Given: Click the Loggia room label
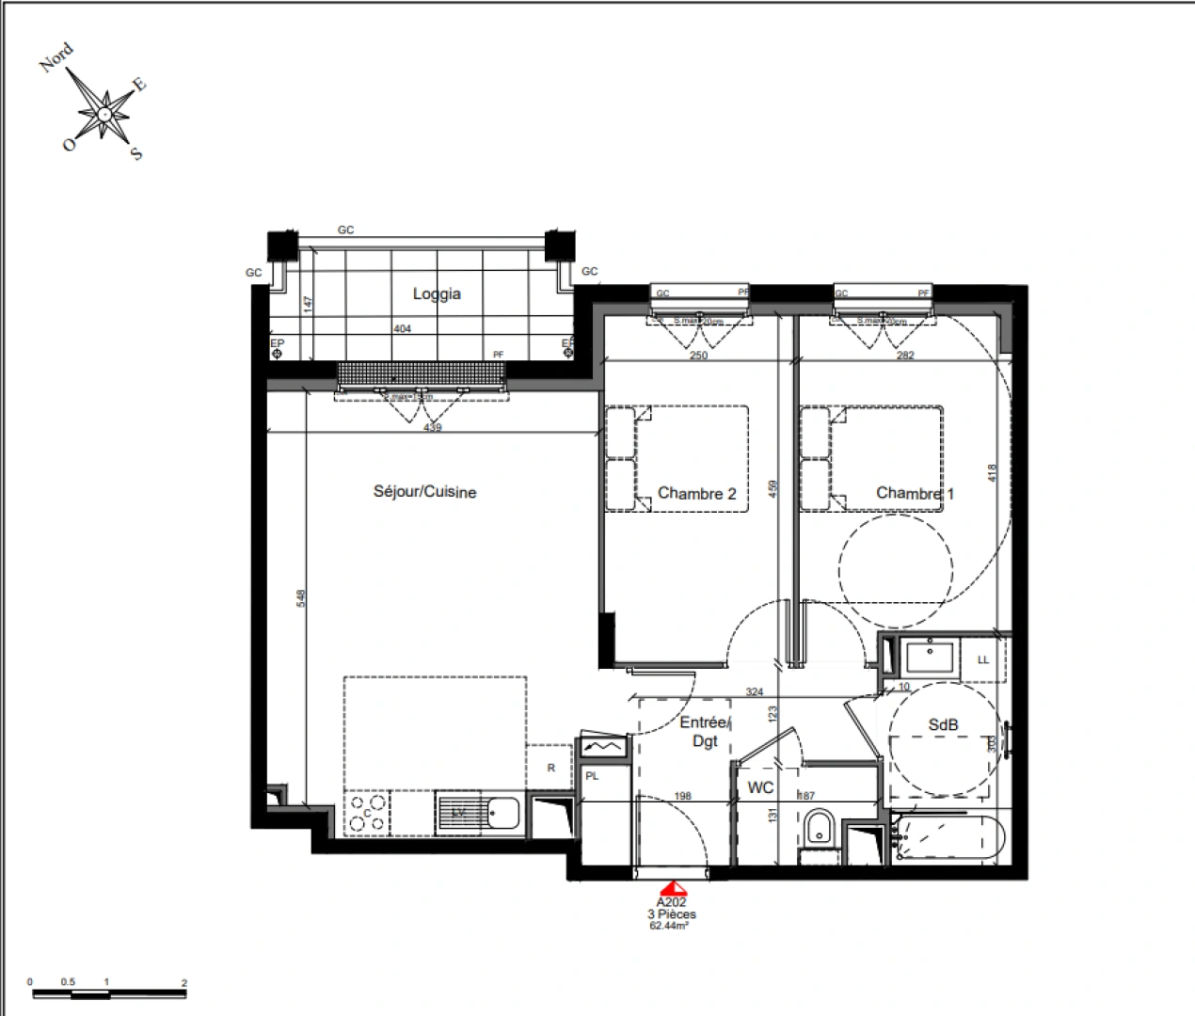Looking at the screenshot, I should [437, 294].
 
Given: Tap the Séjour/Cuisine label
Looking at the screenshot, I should [424, 492].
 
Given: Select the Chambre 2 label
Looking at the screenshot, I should [696, 493].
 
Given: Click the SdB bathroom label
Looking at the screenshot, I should [943, 725].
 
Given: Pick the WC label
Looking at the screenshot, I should [760, 787].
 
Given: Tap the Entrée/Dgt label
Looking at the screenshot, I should [705, 732].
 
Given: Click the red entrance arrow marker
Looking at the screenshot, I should [674, 888].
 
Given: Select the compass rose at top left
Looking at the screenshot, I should [104, 114].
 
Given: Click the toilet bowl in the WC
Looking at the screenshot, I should [818, 829].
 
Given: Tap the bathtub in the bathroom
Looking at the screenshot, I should [948, 839].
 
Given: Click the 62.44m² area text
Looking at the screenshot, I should [669, 925].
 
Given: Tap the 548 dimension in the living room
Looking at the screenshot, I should [301, 598].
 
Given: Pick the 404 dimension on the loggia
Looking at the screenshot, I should [401, 329].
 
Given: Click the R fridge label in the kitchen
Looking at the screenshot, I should [551, 768].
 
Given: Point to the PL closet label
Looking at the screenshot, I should [592, 776].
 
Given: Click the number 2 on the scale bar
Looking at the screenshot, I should [184, 983].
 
